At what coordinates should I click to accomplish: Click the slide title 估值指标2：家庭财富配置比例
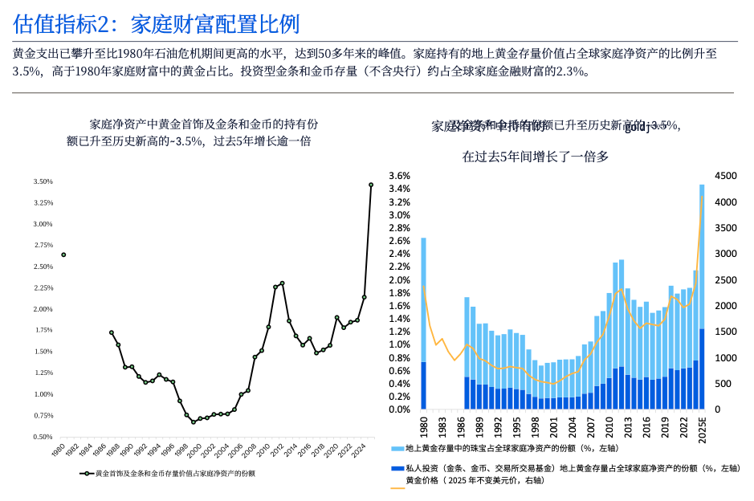point(157,23)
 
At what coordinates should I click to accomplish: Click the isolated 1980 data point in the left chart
point(63,255)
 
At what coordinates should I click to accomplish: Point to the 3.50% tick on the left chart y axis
point(43,182)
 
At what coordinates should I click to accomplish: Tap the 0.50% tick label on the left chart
point(43,437)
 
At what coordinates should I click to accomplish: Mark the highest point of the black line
point(371,185)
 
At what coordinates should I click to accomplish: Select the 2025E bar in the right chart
point(702,297)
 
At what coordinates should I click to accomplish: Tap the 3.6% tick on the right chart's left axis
point(399,176)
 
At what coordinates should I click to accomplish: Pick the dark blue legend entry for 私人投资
point(562,468)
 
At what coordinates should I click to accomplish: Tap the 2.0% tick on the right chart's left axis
point(399,280)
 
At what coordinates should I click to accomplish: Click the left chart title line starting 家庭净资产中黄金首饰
point(204,124)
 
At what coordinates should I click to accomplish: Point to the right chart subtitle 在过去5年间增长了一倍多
point(536,157)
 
